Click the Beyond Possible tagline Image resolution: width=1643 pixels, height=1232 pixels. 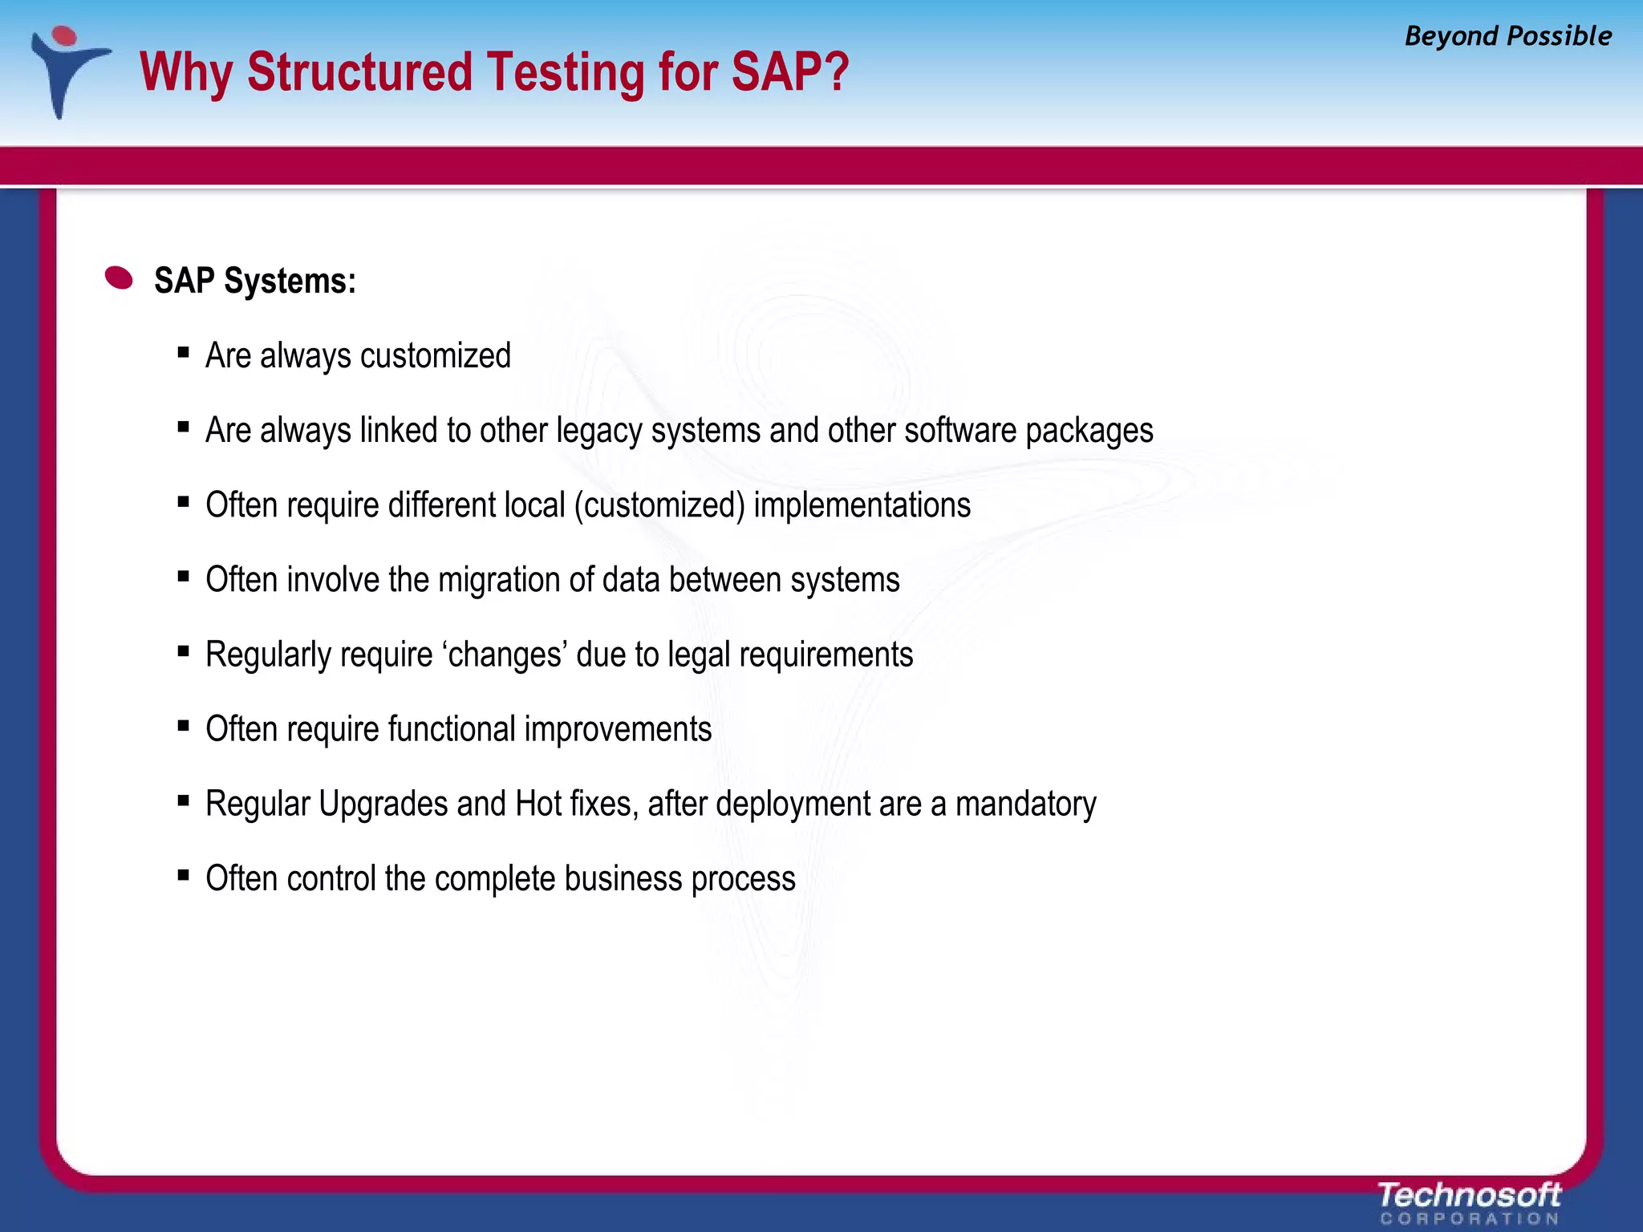click(x=1507, y=36)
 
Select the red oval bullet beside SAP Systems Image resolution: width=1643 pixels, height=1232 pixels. click(x=120, y=278)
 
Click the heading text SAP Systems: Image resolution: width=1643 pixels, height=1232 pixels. click(x=254, y=281)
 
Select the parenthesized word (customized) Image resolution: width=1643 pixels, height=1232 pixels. click(x=659, y=505)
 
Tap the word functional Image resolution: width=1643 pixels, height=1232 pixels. click(x=452, y=729)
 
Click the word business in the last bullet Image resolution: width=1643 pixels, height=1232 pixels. click(x=623, y=878)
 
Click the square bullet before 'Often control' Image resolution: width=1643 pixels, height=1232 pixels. click(x=184, y=874)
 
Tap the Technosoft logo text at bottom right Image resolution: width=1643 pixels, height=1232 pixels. click(x=1468, y=1195)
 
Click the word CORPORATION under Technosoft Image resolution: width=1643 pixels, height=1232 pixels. click(x=1468, y=1219)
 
